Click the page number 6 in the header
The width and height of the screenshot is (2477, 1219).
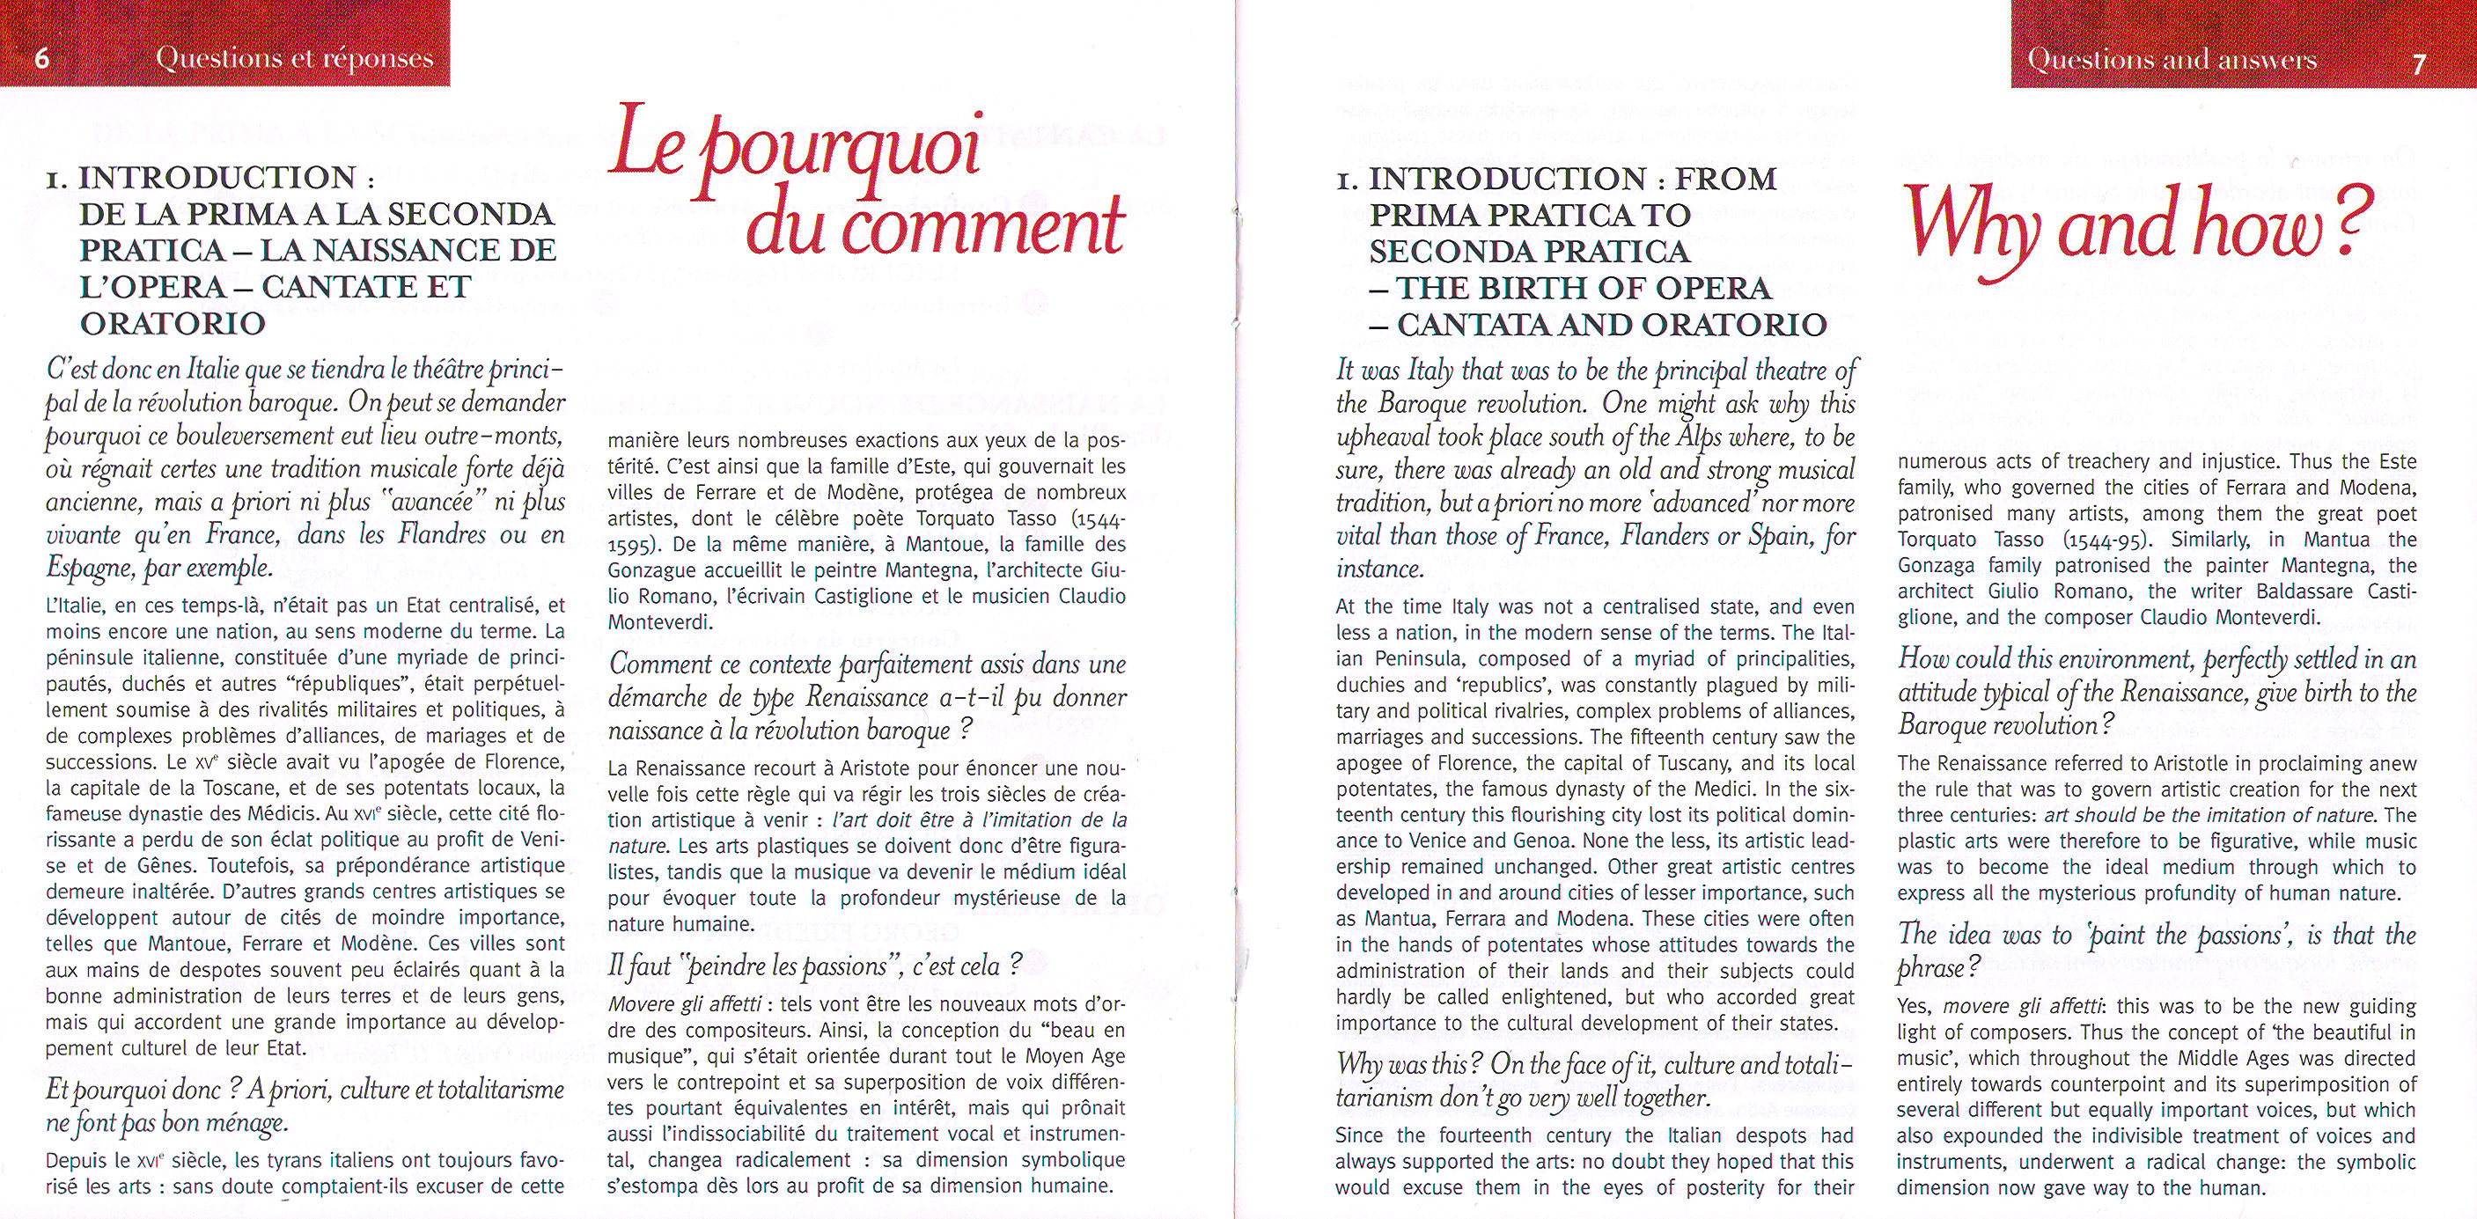(x=41, y=59)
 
